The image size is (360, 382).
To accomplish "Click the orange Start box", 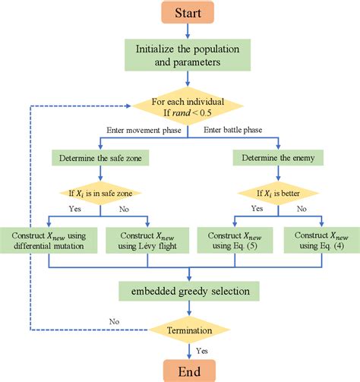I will [187, 13].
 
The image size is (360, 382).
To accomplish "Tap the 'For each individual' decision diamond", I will [187, 109].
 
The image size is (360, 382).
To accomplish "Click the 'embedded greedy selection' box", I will [187, 290].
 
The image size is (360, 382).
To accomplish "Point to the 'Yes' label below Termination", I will [202, 350].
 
